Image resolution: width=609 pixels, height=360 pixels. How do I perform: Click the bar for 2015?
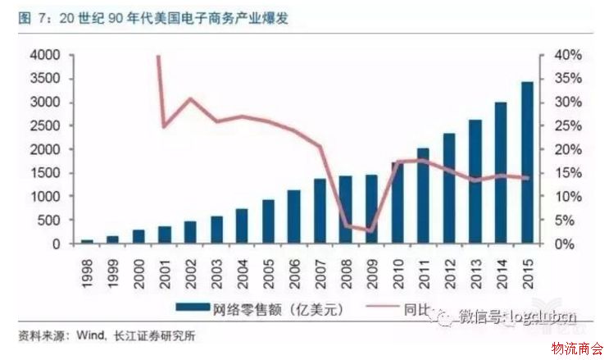click(527, 163)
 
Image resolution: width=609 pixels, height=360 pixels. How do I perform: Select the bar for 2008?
click(345, 210)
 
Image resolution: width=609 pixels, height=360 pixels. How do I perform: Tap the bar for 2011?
click(423, 196)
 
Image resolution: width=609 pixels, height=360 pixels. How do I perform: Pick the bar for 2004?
click(241, 226)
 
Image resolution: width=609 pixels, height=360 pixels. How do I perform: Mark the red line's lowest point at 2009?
click(370, 230)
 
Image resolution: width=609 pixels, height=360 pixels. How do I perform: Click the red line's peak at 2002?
click(190, 99)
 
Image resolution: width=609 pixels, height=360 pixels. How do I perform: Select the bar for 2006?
click(293, 217)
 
